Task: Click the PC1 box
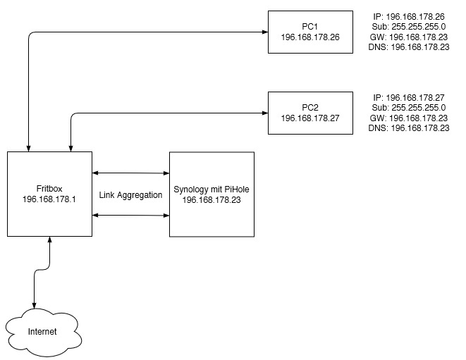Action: (x=310, y=32)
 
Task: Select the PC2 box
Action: (x=310, y=113)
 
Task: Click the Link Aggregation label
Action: (x=131, y=194)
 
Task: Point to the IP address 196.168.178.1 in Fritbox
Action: (x=49, y=199)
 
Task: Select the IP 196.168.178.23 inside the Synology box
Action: (x=211, y=200)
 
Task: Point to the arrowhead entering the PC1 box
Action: (x=264, y=32)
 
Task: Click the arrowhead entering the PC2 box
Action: (x=264, y=113)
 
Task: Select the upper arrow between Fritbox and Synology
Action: (x=130, y=171)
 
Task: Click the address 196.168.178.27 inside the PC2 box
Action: (x=310, y=118)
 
